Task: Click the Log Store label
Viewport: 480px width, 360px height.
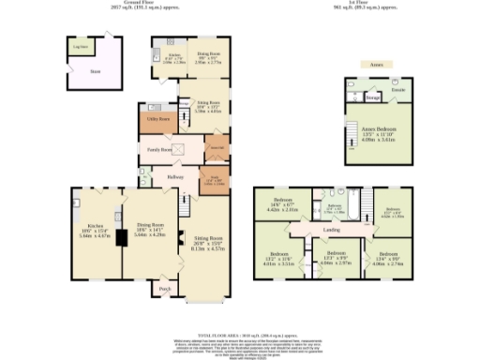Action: click(82, 45)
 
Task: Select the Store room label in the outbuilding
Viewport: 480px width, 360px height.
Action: click(94, 68)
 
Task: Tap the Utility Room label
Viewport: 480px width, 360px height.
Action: click(158, 119)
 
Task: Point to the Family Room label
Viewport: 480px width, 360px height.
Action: click(159, 149)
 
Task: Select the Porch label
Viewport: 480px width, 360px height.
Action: click(164, 289)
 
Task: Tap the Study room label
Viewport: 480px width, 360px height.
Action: click(214, 177)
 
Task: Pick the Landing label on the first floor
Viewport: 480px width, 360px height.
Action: click(330, 230)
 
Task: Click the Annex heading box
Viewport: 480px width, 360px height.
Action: click(377, 65)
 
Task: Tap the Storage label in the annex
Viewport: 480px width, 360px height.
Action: click(372, 97)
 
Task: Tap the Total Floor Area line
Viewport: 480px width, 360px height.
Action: click(238, 333)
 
